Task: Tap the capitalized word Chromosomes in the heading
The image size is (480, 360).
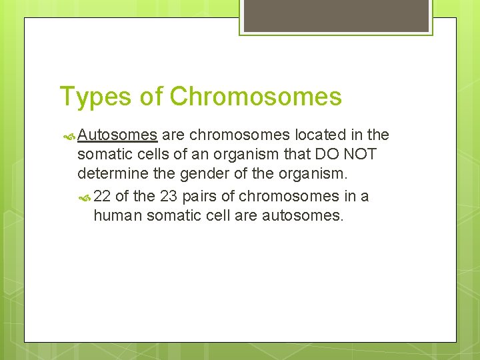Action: point(255,97)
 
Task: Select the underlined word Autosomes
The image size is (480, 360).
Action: point(117,136)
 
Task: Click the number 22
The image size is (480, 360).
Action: point(103,197)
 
